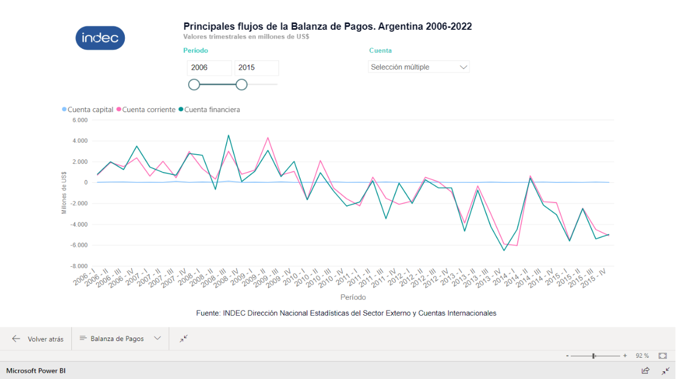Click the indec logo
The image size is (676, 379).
coord(100,38)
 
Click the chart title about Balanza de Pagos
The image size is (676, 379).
coord(327,26)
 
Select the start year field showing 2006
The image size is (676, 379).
coord(209,68)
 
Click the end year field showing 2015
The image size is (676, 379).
coord(256,68)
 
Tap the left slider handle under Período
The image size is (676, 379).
coord(194,85)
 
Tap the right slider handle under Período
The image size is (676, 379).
coord(242,85)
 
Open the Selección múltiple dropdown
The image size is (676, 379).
coord(419,67)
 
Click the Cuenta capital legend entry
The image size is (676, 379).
coord(88,109)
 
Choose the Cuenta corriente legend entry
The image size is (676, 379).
coord(146,109)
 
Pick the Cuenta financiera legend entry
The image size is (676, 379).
coord(209,109)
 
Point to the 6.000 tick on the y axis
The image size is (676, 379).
coord(79,120)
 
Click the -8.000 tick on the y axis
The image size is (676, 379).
coord(79,266)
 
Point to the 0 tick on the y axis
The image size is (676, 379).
coord(85,183)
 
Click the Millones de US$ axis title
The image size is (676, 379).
coord(64,193)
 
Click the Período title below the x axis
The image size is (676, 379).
coord(353,298)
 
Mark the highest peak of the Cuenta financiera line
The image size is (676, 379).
coord(228,135)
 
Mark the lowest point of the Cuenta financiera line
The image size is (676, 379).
coord(505,250)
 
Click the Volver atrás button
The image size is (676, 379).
coord(38,339)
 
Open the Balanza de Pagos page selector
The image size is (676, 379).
coord(120,339)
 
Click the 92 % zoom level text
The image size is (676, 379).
coord(642,356)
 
